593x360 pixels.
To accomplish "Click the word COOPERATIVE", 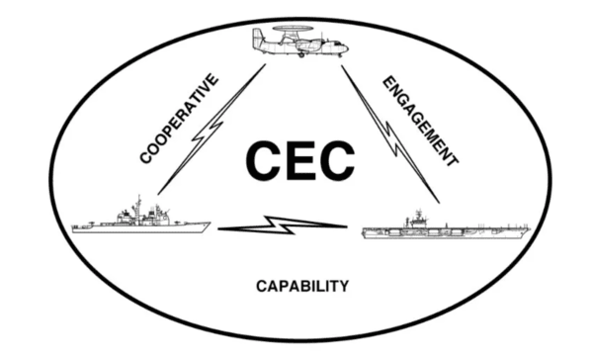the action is [179, 119].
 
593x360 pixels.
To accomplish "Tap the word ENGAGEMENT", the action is [421, 121].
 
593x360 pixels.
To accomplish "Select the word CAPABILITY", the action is [302, 286].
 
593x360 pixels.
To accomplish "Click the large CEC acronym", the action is [300, 160].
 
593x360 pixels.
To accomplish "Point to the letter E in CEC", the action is [300, 160].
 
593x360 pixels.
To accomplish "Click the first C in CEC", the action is [263, 160].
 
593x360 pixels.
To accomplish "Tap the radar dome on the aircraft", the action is [293, 28].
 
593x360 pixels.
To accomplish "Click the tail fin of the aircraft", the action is [259, 36].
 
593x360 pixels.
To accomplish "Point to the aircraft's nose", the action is [345, 48].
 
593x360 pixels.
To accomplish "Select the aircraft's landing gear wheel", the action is [301, 55].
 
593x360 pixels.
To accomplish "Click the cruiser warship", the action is [141, 219].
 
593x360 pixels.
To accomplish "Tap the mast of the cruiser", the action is [138, 205].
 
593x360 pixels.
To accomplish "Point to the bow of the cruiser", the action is [207, 225].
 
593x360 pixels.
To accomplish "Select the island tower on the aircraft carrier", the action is [418, 218].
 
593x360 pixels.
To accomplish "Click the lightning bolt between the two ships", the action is [283, 225].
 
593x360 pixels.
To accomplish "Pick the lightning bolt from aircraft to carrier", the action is [391, 135].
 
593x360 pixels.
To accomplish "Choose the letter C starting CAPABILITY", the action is [261, 286].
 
